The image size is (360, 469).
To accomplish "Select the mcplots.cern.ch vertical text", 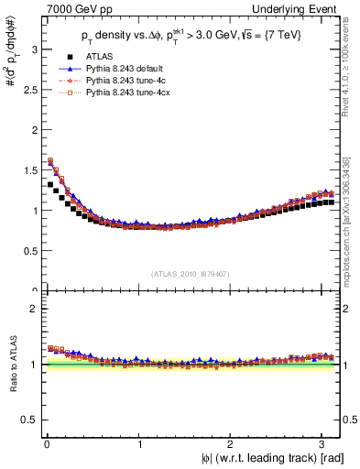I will [351, 220].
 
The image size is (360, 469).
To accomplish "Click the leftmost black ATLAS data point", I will [48, 184].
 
